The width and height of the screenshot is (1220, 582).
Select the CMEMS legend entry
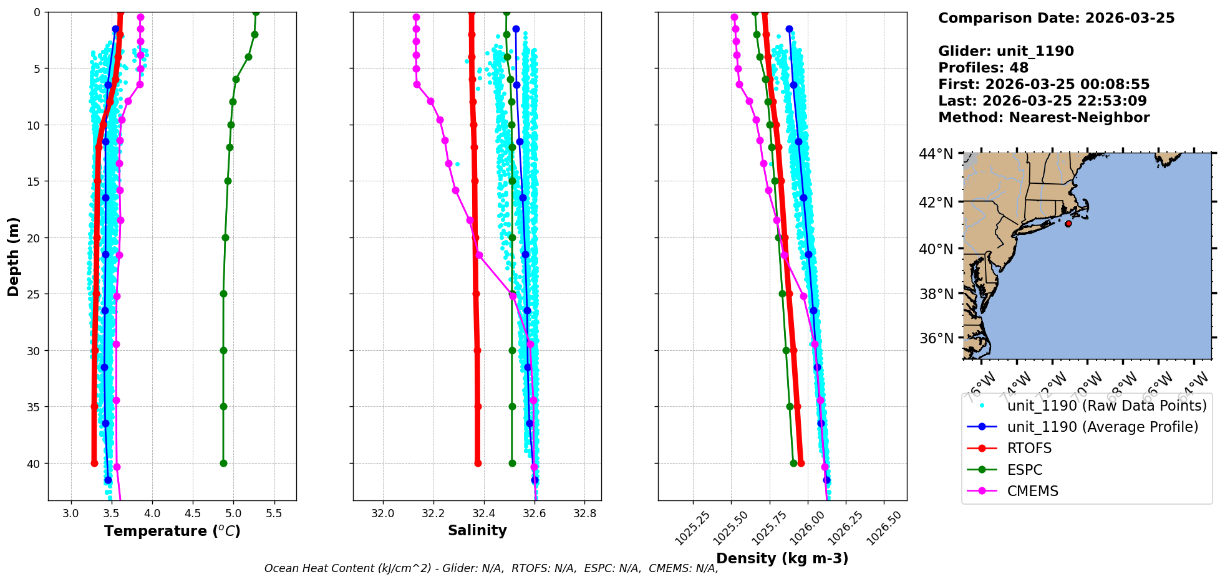coord(1032,491)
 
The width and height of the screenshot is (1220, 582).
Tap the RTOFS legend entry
coord(1029,449)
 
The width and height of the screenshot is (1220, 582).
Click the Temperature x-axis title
coord(172,531)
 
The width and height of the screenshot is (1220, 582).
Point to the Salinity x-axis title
coord(477,530)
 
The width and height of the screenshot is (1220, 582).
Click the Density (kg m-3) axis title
coord(782,558)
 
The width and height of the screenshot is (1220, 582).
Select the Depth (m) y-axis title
coord(14,256)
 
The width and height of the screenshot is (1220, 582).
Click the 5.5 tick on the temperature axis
coord(274,513)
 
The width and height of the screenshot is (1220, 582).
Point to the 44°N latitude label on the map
coord(936,154)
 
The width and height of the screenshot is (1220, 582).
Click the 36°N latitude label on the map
coord(936,338)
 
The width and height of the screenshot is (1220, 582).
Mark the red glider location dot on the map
coord(1068,224)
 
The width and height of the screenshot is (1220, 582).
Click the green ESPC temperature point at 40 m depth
coord(223,463)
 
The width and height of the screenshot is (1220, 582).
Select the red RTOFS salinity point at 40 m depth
coord(478,463)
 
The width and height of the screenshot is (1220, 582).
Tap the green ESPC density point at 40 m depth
coord(793,463)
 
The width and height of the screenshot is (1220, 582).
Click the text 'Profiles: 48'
coord(983,68)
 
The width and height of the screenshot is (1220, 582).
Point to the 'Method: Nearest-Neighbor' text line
coord(1043,118)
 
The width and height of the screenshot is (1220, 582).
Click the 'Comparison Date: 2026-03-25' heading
coord(1056,18)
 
